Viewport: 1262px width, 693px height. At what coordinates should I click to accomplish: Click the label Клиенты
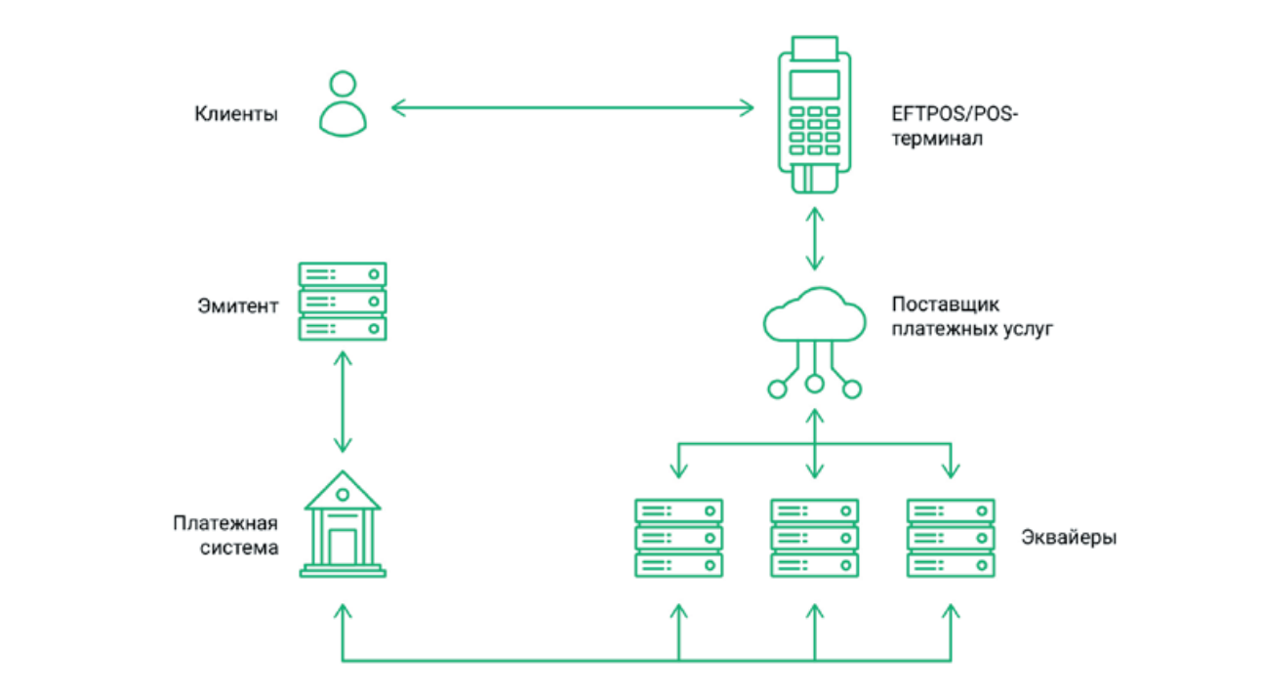pos(236,114)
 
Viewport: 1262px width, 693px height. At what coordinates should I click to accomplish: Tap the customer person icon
pos(343,104)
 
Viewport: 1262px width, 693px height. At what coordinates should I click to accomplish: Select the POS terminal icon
pos(814,115)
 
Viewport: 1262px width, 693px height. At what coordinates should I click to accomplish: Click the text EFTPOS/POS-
pos(955,114)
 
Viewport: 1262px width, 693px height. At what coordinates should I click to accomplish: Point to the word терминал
pos(937,138)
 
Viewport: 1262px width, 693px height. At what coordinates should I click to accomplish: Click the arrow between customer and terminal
pos(572,107)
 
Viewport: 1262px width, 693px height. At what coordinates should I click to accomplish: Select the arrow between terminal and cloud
pos(815,239)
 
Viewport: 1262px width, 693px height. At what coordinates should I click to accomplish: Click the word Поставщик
pos(946,305)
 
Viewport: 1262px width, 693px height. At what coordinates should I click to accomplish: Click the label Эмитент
pos(238,306)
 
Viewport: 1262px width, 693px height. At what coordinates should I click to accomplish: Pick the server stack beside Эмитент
pos(343,302)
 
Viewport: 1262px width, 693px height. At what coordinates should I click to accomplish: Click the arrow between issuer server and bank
pos(343,402)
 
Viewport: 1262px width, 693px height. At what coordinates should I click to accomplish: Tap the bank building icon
pos(343,524)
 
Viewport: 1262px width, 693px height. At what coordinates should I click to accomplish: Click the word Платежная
pos(225,523)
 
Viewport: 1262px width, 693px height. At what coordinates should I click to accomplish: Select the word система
pos(239,548)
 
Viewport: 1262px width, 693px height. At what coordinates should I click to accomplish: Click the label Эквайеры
pos(1069,538)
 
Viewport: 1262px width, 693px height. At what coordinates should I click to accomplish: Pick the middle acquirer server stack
pos(815,538)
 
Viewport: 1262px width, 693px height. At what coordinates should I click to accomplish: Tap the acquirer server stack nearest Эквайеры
pos(951,538)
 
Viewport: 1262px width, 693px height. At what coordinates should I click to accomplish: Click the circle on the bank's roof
pos(343,495)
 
